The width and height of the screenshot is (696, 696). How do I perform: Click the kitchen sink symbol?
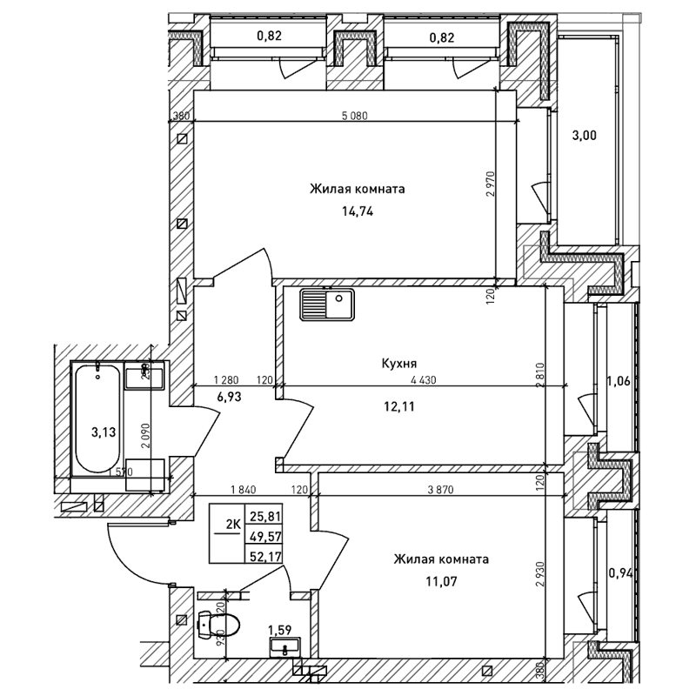point(326,305)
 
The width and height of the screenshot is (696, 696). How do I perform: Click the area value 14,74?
point(357,210)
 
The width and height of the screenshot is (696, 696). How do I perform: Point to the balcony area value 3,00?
point(584,135)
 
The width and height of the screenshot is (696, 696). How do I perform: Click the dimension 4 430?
point(421,379)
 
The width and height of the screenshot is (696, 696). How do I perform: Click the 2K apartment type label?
point(233,524)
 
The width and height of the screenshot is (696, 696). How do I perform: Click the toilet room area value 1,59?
point(279,629)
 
